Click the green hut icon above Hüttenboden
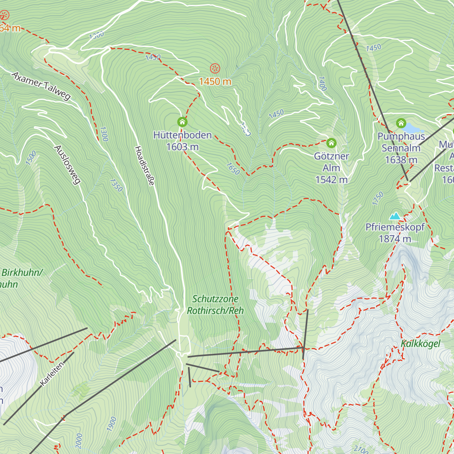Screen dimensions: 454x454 click(182, 122)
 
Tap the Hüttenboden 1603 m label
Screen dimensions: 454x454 click(182, 141)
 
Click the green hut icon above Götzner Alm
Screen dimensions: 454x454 click(331, 143)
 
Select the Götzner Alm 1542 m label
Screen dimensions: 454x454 click(331, 168)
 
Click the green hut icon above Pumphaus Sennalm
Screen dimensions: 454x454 click(401, 123)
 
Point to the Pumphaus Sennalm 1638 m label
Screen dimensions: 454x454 click(401, 148)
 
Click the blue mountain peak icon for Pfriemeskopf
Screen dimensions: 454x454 click(395, 216)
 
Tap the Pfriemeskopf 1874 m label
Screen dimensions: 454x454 click(395, 233)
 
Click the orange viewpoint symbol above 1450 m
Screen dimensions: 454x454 click(215, 68)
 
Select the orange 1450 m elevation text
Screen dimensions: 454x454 click(215, 82)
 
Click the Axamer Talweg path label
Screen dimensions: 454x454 click(41, 86)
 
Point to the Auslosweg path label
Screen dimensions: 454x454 click(68, 165)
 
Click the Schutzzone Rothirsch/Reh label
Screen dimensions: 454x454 click(215, 305)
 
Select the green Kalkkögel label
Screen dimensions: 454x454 click(421, 344)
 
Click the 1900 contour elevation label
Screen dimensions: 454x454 click(112, 424)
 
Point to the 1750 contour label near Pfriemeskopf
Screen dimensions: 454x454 click(378, 199)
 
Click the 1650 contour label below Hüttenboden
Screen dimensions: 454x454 click(233, 169)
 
